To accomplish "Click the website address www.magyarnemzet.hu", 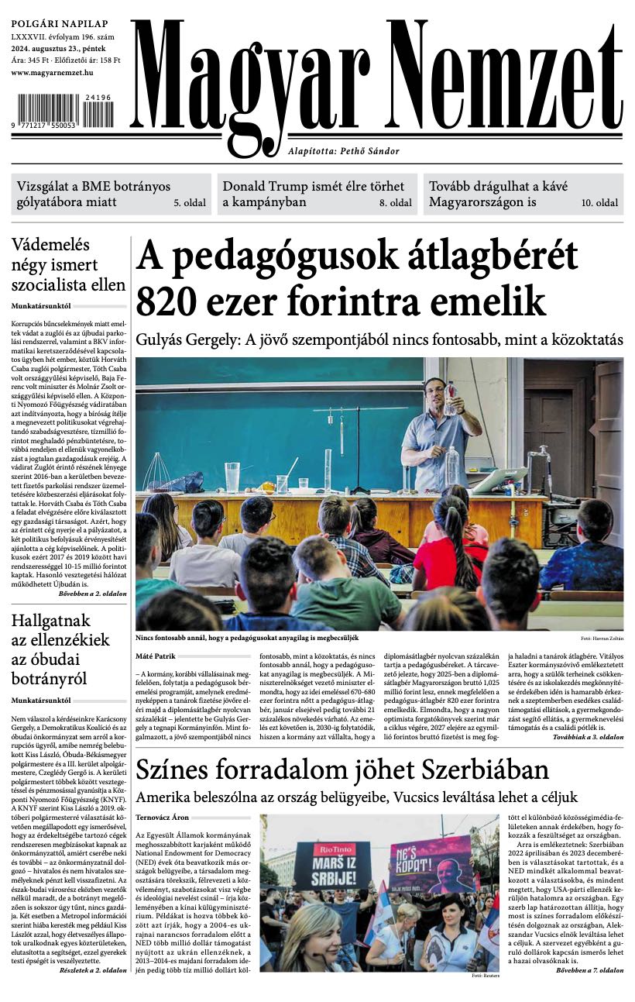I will coord(53,72).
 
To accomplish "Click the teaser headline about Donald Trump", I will coord(313,195).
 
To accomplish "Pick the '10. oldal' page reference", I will coord(599,204).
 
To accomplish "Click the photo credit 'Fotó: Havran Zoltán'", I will coord(602,638).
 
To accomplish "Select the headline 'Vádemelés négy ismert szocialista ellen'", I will coord(68,265).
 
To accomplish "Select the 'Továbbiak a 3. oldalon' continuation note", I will coord(588,737).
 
